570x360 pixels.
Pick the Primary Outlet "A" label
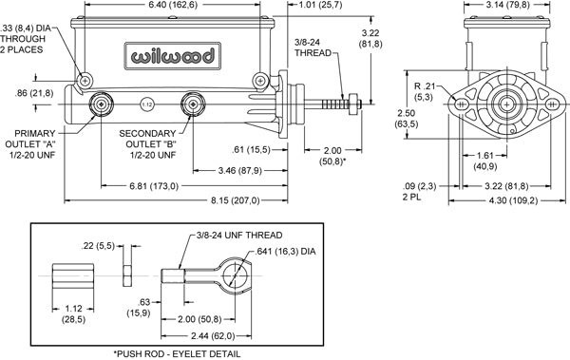point(33,145)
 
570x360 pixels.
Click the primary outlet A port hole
point(99,104)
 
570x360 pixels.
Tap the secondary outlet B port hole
point(196,104)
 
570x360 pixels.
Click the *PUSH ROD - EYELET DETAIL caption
point(177,351)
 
